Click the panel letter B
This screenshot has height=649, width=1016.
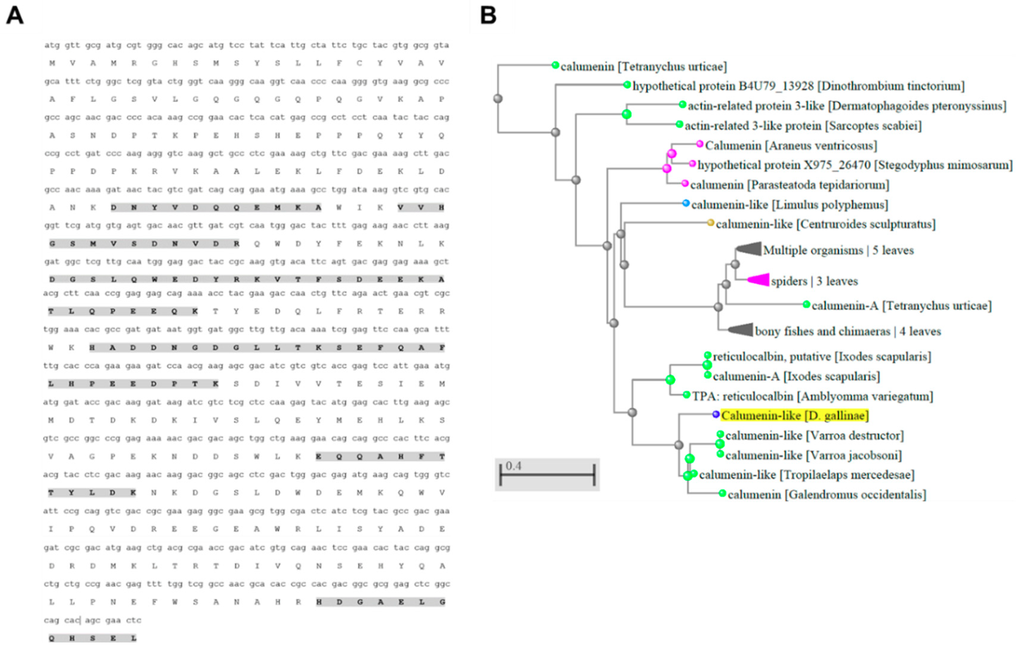tap(488, 16)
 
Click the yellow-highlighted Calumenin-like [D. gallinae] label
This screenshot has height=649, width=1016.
tap(794, 416)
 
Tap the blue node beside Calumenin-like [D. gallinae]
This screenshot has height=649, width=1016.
tap(716, 415)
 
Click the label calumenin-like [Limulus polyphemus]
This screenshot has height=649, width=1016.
tap(789, 205)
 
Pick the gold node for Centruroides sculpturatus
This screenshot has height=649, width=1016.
tap(711, 222)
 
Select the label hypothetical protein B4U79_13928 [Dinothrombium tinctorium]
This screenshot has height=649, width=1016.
tap(798, 86)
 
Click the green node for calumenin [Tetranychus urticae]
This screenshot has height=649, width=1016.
tap(555, 65)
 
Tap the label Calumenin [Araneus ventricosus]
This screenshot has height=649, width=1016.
tap(791, 146)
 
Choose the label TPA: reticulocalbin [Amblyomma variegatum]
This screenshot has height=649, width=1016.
tap(812, 396)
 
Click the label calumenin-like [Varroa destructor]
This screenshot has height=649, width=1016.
tap(814, 435)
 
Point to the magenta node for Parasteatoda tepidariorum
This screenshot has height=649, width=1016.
tap(685, 184)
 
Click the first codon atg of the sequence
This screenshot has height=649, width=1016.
tap(52, 45)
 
